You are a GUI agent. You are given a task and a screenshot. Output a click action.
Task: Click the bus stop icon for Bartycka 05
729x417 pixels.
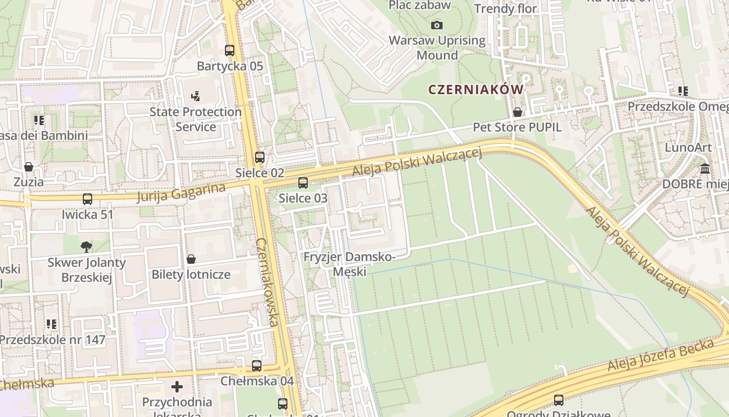click(x=230, y=51)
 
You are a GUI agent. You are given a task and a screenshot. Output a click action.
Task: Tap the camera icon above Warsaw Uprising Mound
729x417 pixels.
click(x=437, y=25)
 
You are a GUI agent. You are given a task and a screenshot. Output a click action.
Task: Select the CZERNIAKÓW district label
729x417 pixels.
click(x=475, y=90)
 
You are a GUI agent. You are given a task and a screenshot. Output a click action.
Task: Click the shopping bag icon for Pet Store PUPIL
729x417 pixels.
click(x=518, y=112)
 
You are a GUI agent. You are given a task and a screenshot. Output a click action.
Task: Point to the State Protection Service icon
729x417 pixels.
click(x=196, y=96)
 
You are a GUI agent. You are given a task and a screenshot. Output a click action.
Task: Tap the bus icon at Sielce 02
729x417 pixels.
click(x=260, y=157)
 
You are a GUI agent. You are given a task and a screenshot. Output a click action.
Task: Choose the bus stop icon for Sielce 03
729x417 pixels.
click(x=303, y=183)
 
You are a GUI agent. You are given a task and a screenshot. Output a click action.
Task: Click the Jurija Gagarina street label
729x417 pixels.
click(x=182, y=192)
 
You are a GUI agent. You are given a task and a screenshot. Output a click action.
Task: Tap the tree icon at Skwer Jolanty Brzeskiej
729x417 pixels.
click(x=86, y=247)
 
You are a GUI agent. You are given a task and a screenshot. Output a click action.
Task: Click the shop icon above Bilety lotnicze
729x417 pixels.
click(x=191, y=259)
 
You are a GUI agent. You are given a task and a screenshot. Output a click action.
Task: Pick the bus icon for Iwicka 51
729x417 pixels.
click(x=87, y=199)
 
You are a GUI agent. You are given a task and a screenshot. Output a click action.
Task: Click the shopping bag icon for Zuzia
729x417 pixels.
click(x=29, y=167)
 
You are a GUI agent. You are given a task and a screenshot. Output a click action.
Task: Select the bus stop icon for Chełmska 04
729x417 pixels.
click(x=257, y=366)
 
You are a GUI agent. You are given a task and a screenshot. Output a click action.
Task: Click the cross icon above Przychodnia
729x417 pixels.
click(x=177, y=387)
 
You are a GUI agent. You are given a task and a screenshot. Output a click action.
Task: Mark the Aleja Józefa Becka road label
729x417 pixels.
click(x=660, y=356)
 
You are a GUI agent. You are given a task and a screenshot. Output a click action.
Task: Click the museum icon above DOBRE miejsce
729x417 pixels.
click(x=706, y=169)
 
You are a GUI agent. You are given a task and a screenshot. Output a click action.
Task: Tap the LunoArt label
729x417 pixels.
click(x=688, y=148)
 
